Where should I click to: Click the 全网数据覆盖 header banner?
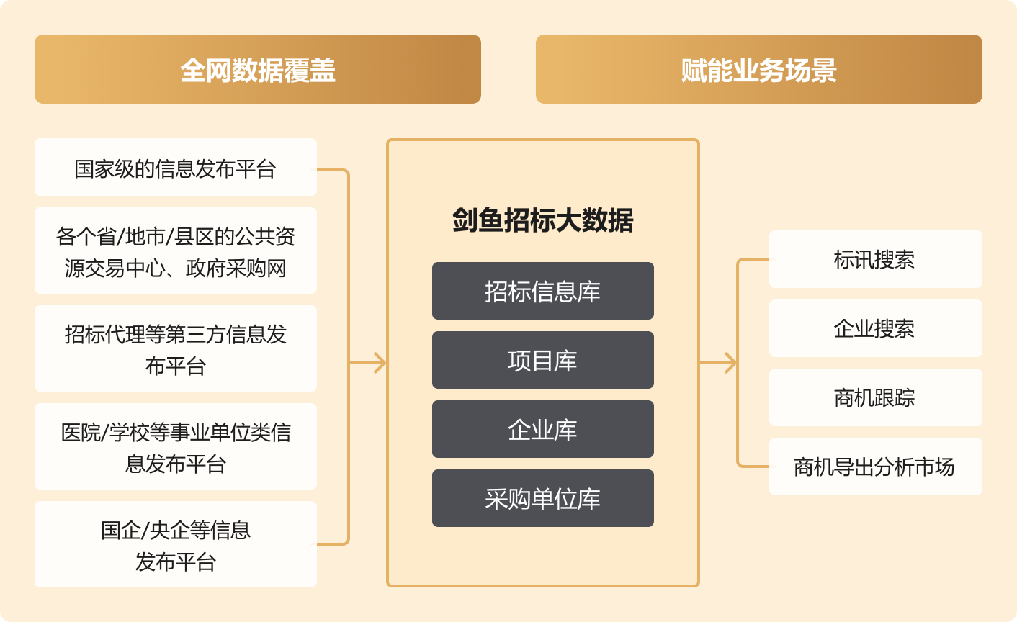257,69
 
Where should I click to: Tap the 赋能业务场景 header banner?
758,69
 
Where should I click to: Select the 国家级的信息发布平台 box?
175,167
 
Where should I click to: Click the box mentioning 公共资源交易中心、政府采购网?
175,251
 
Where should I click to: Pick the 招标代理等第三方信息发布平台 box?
175,348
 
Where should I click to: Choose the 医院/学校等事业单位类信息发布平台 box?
175,446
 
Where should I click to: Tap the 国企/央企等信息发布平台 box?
175,544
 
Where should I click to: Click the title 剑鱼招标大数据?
542,220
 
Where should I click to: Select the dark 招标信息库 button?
542,291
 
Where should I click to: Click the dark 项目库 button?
542,360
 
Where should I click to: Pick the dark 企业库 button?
542,429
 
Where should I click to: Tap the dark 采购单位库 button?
542,498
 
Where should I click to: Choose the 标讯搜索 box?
875,259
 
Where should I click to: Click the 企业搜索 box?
875,328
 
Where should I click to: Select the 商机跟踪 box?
875,397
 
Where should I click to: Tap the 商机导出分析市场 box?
875,466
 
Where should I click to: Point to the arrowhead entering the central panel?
380,363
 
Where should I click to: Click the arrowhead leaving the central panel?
730,363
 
